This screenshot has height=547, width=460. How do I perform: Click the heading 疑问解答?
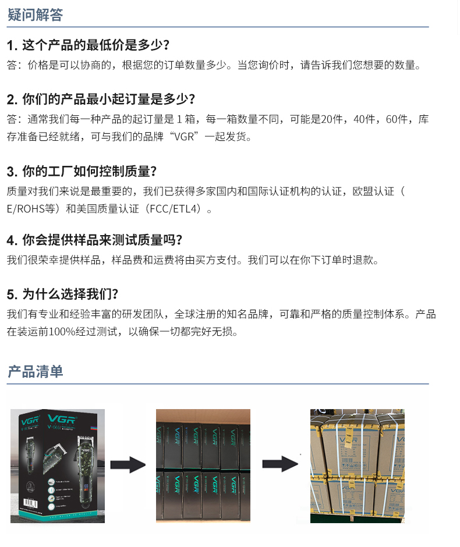pos(35,15)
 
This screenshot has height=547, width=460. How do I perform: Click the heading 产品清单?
pos(35,372)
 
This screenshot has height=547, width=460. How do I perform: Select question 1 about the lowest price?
pos(88,45)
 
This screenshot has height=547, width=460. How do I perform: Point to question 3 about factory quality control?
pos(82,172)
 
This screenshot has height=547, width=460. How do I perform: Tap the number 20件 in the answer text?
pos(332,119)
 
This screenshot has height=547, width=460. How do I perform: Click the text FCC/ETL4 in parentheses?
pos(173,209)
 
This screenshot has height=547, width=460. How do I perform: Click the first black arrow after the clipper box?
pos(128,464)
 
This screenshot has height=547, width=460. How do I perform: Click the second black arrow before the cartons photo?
pos(280,464)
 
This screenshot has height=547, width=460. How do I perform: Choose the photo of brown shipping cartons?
pos(357,466)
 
